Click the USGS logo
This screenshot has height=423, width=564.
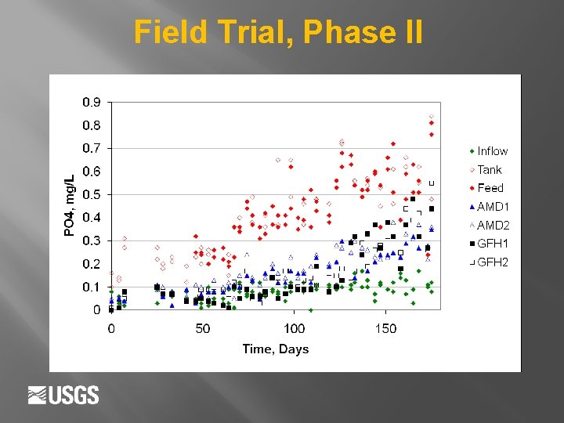[63, 395]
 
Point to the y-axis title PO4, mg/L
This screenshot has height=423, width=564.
[69, 205]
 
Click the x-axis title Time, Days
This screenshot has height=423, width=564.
[275, 349]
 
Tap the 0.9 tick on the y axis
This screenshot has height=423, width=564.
[92, 102]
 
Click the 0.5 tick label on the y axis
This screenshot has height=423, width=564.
[92, 194]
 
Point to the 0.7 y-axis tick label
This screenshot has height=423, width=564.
[92, 148]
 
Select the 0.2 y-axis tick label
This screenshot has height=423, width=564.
[92, 264]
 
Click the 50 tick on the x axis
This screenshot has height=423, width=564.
[203, 328]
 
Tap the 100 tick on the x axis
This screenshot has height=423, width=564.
[295, 328]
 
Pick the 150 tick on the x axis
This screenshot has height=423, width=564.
[386, 328]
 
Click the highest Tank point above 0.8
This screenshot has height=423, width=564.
[431, 117]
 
